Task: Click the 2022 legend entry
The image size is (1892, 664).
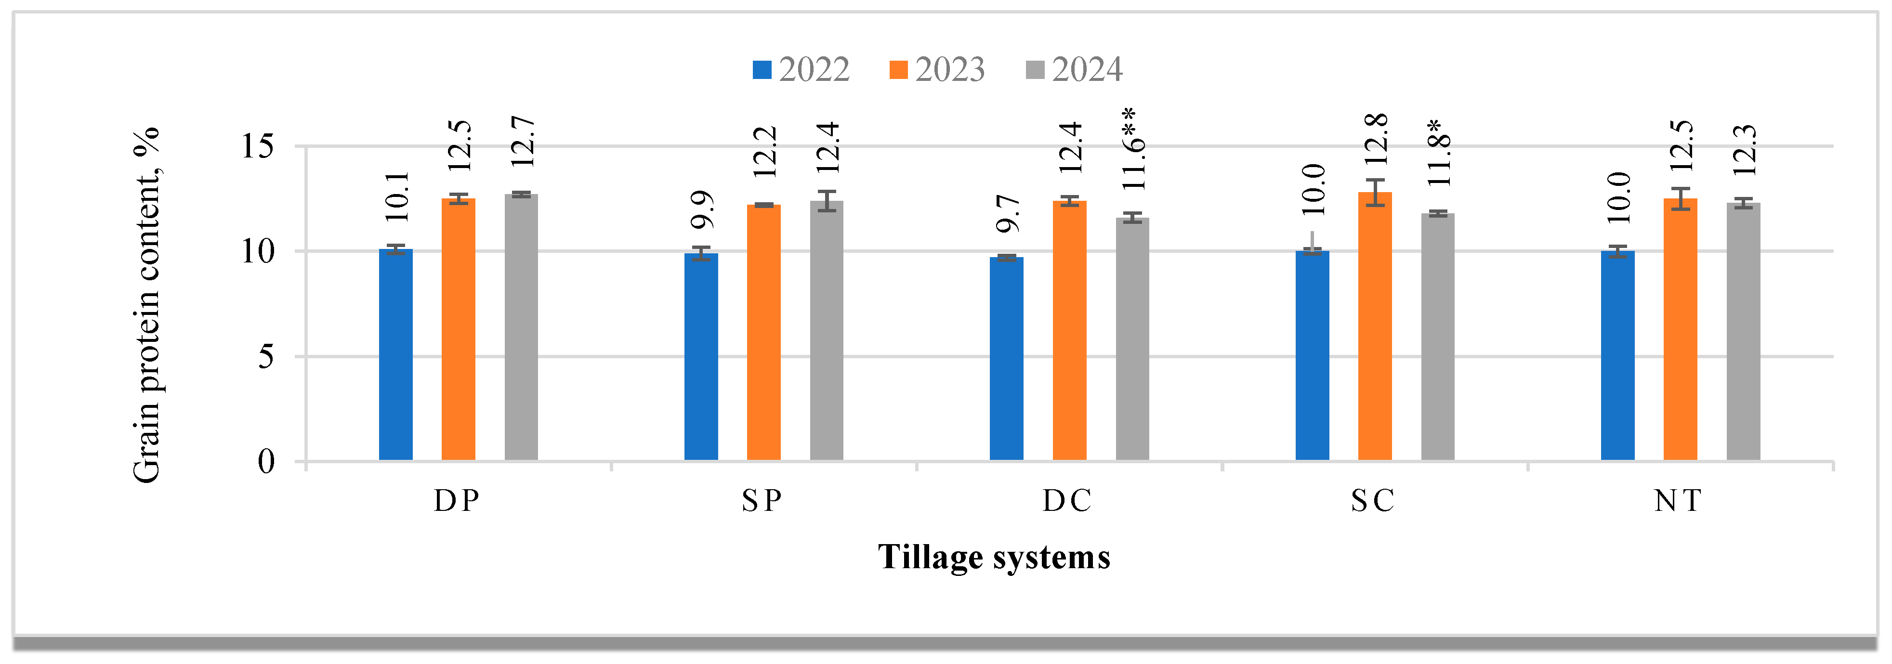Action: [801, 70]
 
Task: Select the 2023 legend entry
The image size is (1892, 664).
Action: [936, 70]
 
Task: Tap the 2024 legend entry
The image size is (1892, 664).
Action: [1074, 70]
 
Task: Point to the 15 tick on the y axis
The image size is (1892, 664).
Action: [257, 146]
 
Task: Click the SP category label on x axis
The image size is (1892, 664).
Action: [762, 501]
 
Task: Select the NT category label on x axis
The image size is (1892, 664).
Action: [1678, 501]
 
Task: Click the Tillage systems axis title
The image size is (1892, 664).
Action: [994, 557]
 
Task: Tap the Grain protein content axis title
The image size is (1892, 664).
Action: [146, 305]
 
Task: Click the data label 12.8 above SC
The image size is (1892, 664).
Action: [1376, 138]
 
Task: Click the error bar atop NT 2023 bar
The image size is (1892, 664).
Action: [1681, 199]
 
